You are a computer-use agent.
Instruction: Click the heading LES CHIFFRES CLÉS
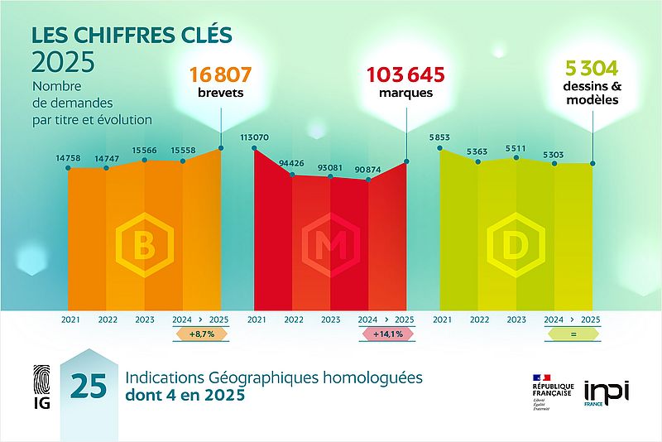[132, 35]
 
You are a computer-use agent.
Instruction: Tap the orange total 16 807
[220, 74]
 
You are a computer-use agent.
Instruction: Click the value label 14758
[68, 158]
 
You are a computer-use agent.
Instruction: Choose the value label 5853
[440, 137]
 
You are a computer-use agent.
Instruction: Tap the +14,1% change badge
[386, 335]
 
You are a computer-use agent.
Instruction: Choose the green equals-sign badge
[571, 335]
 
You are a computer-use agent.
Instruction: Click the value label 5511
[516, 149]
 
